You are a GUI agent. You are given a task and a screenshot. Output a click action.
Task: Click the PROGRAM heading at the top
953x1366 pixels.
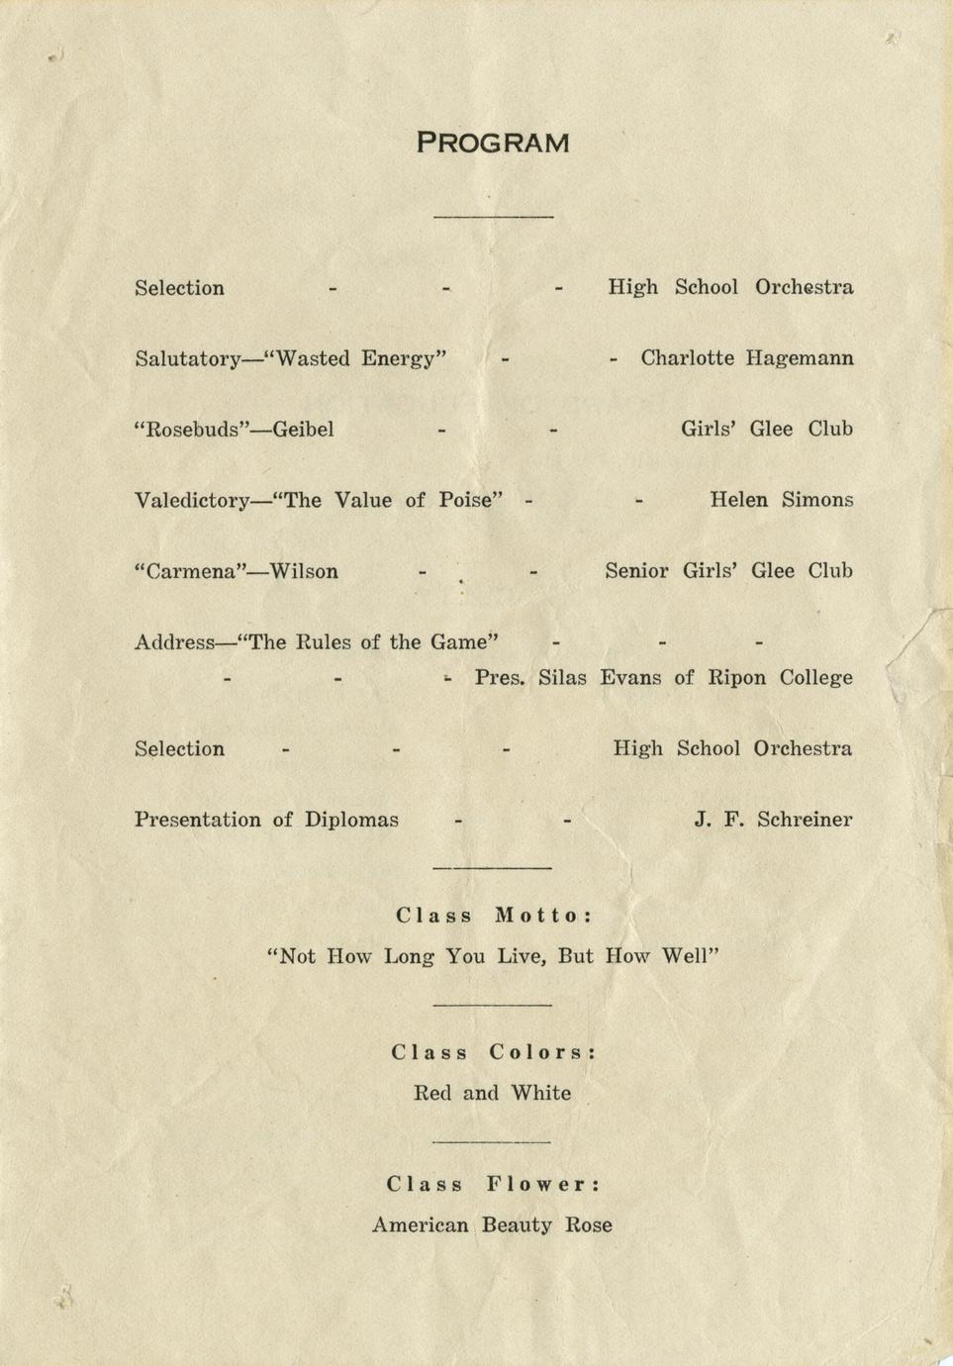click(x=493, y=144)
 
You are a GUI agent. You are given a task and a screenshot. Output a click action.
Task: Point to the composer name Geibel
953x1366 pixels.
click(x=303, y=430)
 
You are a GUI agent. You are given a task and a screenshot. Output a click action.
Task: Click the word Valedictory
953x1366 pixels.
click(x=191, y=501)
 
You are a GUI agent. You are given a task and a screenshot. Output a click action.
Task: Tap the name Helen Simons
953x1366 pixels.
click(x=781, y=500)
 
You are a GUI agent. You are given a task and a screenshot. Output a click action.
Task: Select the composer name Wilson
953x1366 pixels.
click(x=304, y=572)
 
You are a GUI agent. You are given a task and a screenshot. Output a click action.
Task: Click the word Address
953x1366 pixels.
click(x=173, y=642)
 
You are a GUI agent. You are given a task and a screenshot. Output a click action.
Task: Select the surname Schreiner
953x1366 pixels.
click(x=805, y=820)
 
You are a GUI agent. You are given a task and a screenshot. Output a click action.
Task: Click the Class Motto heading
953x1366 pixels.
click(x=494, y=916)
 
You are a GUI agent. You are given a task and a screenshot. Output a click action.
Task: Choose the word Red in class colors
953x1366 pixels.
click(x=431, y=1094)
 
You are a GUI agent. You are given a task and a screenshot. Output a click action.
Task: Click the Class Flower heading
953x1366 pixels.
click(x=494, y=1185)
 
